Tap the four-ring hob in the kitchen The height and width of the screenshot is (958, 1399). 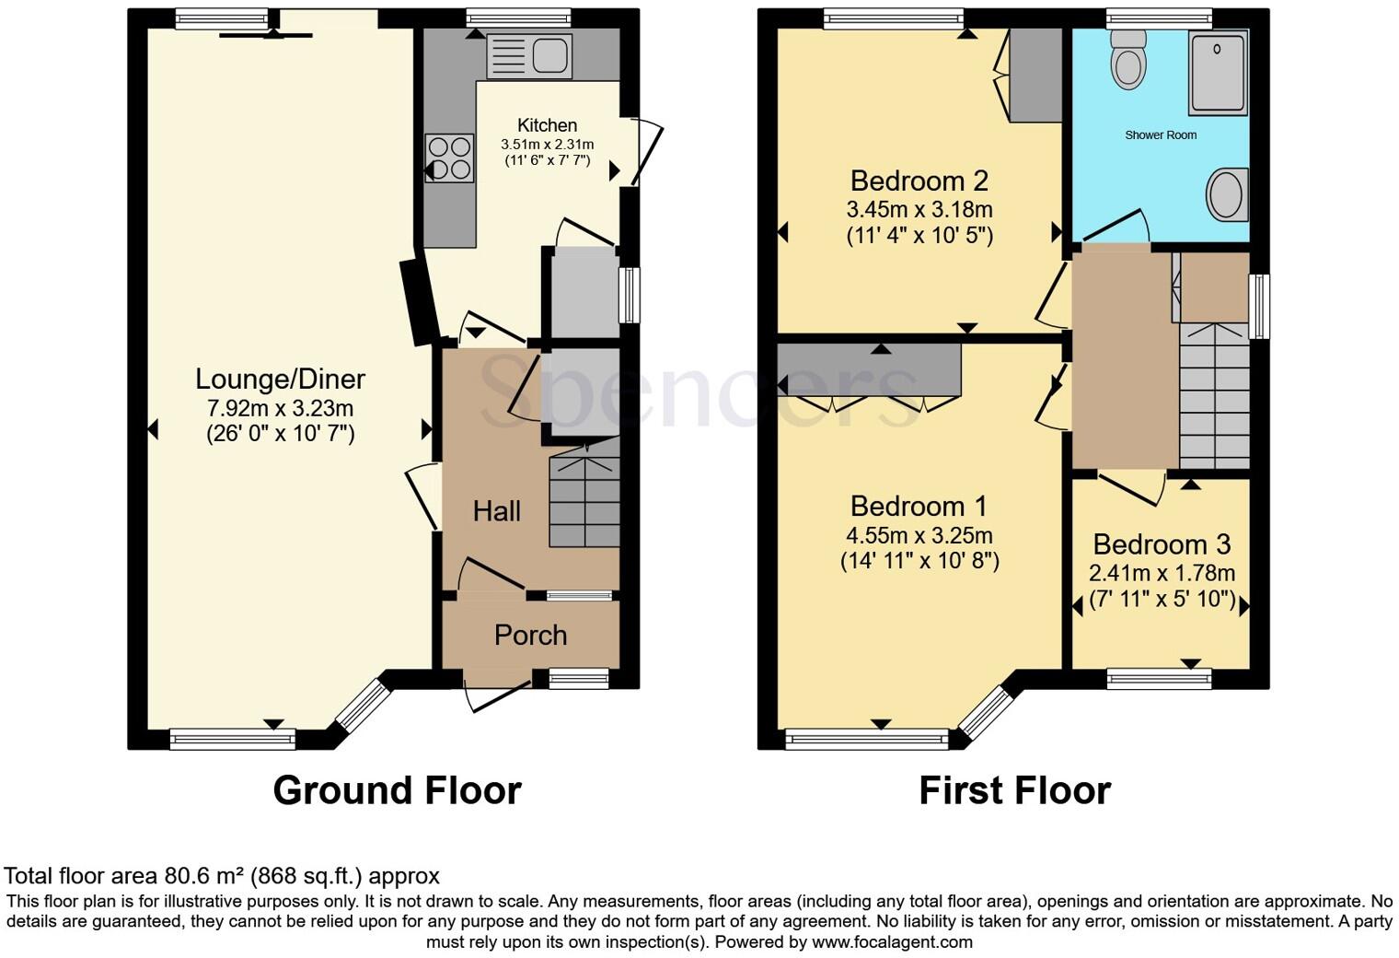point(449,158)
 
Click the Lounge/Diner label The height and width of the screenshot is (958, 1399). point(280,379)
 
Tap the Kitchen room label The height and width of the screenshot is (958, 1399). point(547,125)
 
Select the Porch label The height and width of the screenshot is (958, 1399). point(530,635)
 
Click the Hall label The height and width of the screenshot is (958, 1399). point(497,511)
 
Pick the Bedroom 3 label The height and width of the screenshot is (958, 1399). point(1162,544)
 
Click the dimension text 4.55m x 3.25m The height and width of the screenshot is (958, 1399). point(919,535)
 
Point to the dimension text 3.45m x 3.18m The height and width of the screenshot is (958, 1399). point(919,209)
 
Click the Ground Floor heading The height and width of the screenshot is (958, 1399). point(397,790)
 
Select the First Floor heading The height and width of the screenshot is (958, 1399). point(1014,790)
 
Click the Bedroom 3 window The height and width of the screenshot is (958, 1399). point(1159,679)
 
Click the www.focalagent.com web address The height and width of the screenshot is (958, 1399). point(892,942)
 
